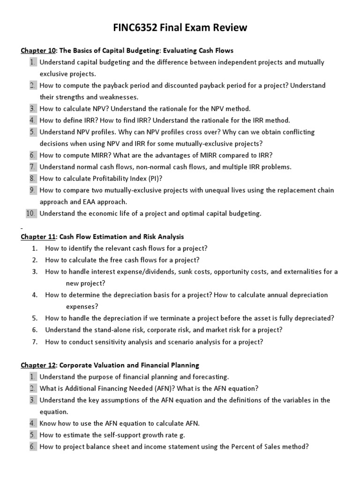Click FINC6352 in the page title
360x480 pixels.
(137, 28)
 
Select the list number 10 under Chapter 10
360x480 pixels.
(31, 213)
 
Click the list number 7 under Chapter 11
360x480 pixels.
(35, 341)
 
